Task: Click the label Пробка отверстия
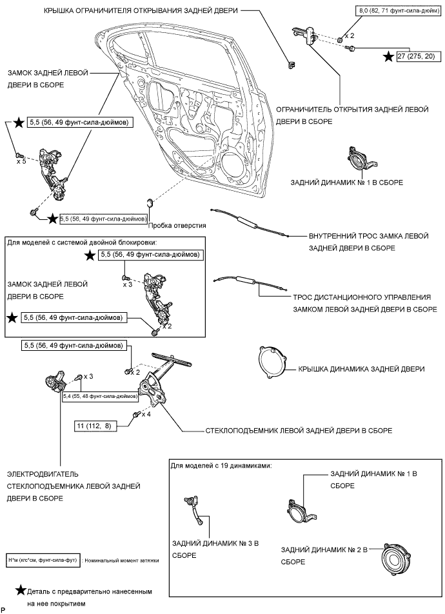point(177,226)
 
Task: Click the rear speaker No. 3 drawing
point(194,509)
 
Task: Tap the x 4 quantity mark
point(146,415)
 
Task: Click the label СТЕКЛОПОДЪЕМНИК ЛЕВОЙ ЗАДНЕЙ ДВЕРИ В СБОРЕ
point(299,430)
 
